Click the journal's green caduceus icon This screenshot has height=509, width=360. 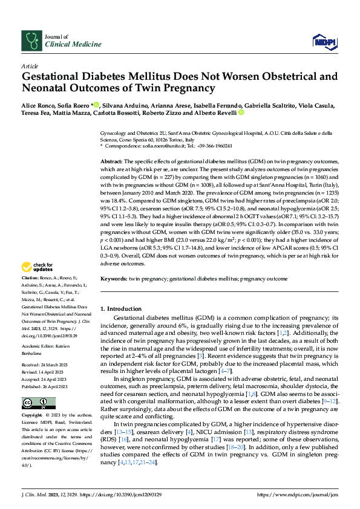click(x=31, y=41)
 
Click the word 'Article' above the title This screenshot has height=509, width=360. click(x=30, y=66)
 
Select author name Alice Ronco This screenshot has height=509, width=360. click(x=38, y=105)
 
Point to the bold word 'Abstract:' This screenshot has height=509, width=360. click(x=111, y=163)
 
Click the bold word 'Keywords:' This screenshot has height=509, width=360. click(x=113, y=280)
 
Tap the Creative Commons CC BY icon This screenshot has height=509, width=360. click(x=35, y=403)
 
